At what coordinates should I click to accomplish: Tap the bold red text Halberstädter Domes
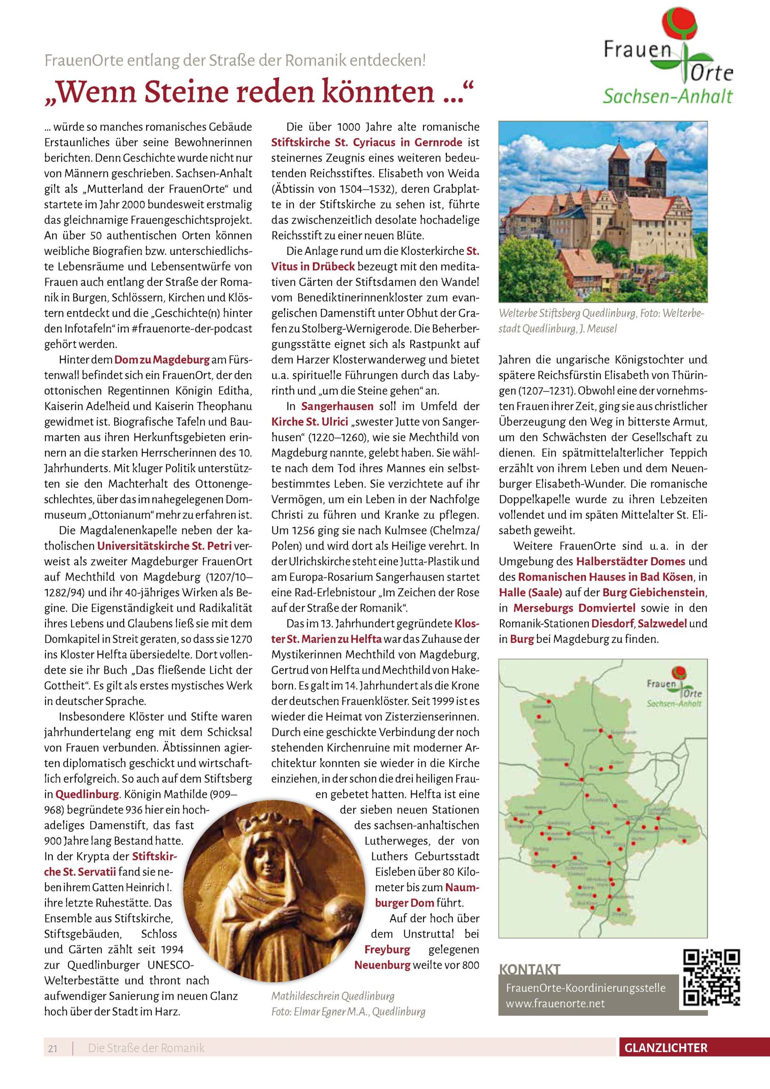point(631,562)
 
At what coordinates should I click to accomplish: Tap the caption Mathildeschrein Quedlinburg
point(332,997)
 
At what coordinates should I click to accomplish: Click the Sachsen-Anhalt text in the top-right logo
point(668,97)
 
